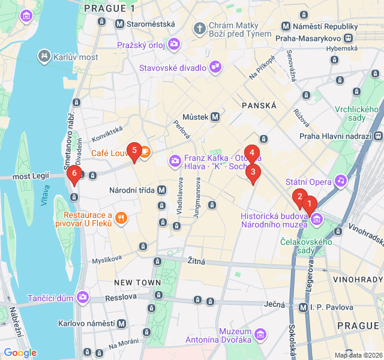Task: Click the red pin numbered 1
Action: (x=310, y=205)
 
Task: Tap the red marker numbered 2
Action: (x=299, y=196)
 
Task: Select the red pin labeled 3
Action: (x=253, y=173)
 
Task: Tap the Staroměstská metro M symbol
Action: (x=119, y=24)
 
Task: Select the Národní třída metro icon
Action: (x=161, y=190)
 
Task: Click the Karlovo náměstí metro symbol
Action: (x=121, y=323)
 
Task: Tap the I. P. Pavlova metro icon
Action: (x=304, y=307)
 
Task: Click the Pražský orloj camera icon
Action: (x=174, y=43)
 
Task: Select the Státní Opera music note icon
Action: (x=341, y=180)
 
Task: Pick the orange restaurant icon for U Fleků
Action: (x=121, y=218)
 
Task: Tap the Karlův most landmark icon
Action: (x=44, y=57)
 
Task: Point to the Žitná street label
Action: (x=196, y=261)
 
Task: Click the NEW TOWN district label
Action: (x=137, y=282)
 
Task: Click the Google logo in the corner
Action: (x=20, y=353)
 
